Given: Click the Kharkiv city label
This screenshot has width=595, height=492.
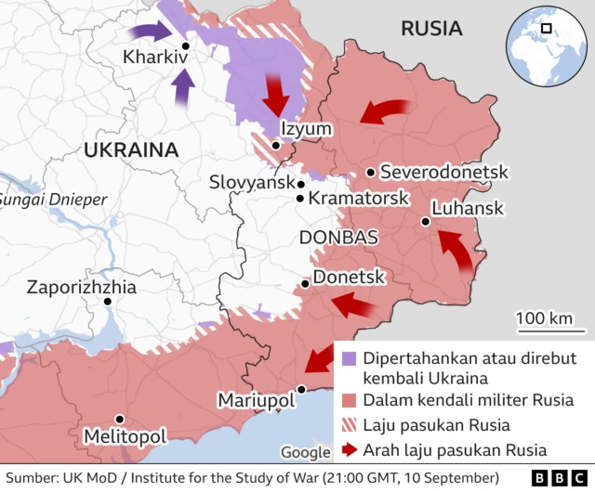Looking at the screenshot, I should click(x=155, y=58).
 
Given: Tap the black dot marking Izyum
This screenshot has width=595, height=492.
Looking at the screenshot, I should click(x=276, y=145).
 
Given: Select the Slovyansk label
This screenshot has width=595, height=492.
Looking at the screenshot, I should click(x=251, y=183).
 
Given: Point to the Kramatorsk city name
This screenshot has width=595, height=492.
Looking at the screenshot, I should click(x=358, y=198).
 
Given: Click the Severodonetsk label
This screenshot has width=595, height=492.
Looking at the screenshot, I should click(x=444, y=172).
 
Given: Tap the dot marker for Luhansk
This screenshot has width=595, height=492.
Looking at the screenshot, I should click(x=425, y=221).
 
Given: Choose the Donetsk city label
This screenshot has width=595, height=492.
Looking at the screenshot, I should click(x=349, y=277).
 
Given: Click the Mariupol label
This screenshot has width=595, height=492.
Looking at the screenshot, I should click(x=256, y=399).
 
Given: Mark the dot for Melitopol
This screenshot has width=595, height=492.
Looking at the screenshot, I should click(x=119, y=420).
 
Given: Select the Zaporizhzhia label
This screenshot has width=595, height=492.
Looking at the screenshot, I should click(x=82, y=287).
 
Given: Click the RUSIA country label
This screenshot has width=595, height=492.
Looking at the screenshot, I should click(x=431, y=29).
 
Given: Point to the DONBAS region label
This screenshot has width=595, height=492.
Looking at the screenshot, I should click(x=338, y=238).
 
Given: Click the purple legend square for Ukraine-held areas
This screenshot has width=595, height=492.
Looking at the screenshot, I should click(x=349, y=358).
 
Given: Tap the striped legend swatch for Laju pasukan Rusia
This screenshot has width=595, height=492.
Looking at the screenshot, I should click(x=349, y=426).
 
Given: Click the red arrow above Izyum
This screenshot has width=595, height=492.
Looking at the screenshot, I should click(x=275, y=92).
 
